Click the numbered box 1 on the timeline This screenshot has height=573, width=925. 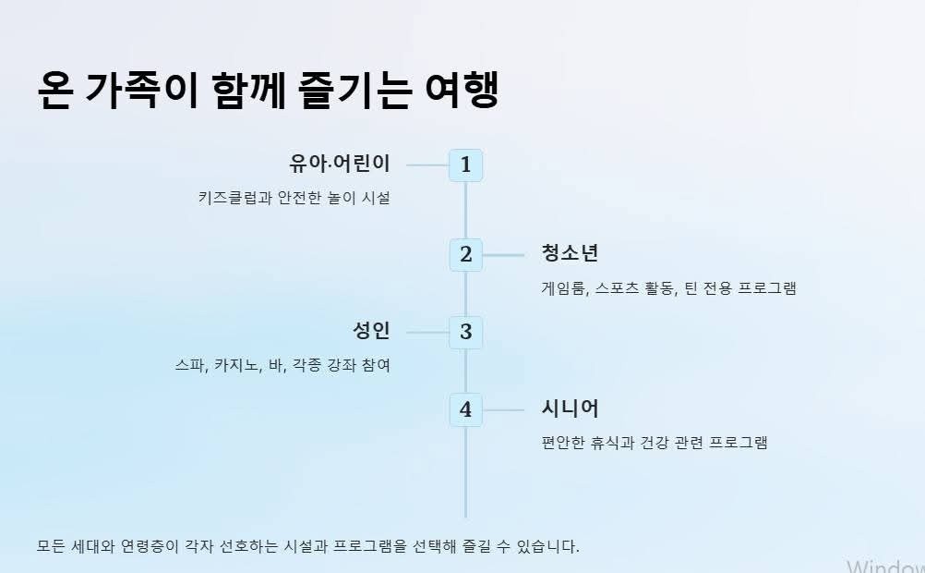pos(465,165)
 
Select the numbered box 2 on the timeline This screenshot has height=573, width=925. pos(465,254)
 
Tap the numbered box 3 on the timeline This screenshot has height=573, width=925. pos(465,332)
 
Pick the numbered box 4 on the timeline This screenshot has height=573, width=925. pos(465,409)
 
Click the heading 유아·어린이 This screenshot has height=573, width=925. pos(340,165)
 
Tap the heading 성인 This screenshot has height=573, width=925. pos(371,331)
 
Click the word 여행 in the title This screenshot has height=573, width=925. pos(462,91)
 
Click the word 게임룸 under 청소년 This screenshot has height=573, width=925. pos(562,287)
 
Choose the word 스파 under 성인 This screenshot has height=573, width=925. pos(189,365)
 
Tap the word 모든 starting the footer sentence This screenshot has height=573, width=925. pos(50,546)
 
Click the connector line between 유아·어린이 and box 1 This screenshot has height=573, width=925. pos(427,165)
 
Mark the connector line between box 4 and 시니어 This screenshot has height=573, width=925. pos(503,409)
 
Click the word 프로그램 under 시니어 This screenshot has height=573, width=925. pos(738,442)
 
